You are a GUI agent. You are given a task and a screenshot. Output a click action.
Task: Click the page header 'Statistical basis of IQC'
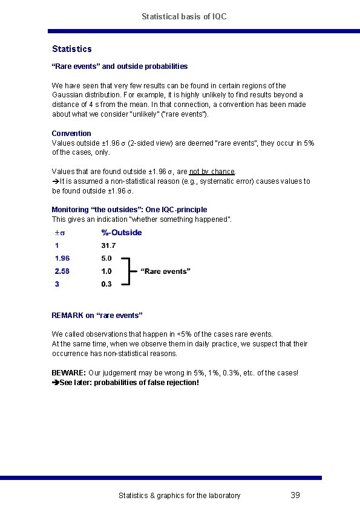(184, 16)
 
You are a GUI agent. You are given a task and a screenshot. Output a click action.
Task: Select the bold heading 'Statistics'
(71, 48)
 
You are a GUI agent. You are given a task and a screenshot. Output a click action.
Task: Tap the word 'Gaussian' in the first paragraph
(67, 95)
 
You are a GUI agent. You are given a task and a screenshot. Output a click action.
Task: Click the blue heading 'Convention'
(71, 133)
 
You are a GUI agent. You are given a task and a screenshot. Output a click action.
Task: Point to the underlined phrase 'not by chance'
(212, 172)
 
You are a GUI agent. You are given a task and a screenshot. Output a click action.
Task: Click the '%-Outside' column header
(121, 232)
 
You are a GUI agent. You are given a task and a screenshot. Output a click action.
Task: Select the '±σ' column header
(59, 233)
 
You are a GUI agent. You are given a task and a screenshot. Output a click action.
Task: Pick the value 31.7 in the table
(108, 245)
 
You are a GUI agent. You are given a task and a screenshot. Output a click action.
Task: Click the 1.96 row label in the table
(62, 259)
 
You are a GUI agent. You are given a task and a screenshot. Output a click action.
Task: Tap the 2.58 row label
(62, 271)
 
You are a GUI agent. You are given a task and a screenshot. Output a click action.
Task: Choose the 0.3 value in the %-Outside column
(106, 284)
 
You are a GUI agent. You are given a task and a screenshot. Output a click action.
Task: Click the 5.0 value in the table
(106, 259)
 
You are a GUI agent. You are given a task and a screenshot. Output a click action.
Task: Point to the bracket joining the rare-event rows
(128, 271)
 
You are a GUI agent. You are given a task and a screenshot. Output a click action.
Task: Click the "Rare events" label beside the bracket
(165, 271)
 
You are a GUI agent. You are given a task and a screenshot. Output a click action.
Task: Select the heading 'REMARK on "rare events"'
(97, 316)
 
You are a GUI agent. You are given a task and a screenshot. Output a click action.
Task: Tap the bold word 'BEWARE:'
(68, 373)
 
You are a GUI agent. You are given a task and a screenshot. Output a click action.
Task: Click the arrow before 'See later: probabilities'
(55, 383)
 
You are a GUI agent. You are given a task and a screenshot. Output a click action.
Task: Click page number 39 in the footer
(295, 495)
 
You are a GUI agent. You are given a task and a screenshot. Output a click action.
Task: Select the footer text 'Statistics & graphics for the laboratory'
(179, 496)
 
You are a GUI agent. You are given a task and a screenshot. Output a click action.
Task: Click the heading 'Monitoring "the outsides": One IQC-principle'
(129, 210)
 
